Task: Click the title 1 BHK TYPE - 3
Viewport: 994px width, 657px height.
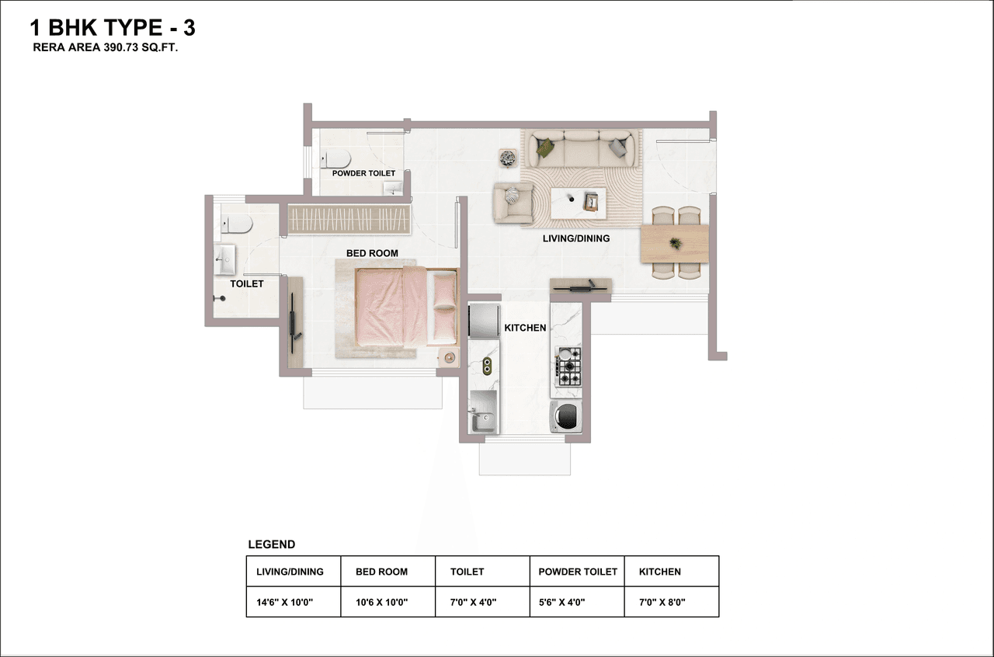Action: click(x=113, y=29)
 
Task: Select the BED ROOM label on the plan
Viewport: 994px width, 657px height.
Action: click(x=372, y=253)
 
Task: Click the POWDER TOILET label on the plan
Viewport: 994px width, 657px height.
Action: click(x=363, y=173)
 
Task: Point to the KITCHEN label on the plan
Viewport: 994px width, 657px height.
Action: click(x=525, y=328)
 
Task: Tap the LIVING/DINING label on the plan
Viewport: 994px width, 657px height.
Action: click(x=575, y=238)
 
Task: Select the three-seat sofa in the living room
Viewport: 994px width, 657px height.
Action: click(x=582, y=146)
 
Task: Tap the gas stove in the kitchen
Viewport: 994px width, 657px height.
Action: click(x=568, y=367)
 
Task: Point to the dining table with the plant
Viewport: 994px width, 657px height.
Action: click(x=675, y=244)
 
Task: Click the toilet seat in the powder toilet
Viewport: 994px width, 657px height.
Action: click(x=335, y=160)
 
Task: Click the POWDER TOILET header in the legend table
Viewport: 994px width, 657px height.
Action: click(x=578, y=572)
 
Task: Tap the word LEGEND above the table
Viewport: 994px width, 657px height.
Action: click(x=271, y=545)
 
